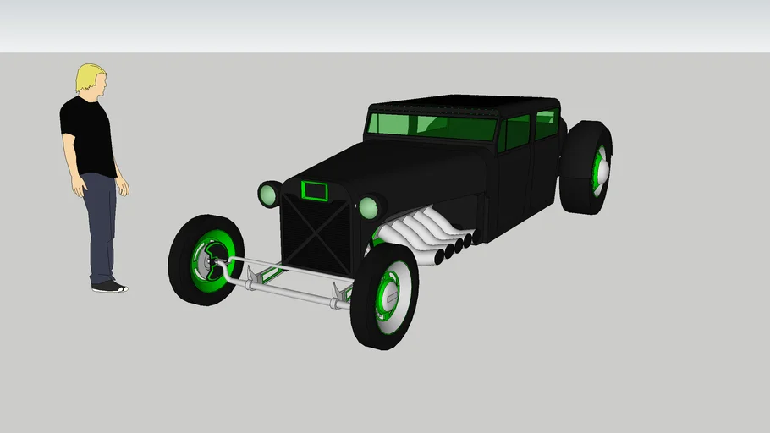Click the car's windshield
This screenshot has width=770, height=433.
tap(432, 126)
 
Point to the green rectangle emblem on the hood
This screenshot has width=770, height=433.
tap(315, 191)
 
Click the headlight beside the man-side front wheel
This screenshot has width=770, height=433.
tap(270, 195)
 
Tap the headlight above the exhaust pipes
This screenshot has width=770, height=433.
tap(369, 207)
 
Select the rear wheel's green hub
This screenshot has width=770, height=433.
tap(600, 167)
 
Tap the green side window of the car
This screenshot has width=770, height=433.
tap(517, 132)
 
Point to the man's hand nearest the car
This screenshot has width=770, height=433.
tap(123, 187)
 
